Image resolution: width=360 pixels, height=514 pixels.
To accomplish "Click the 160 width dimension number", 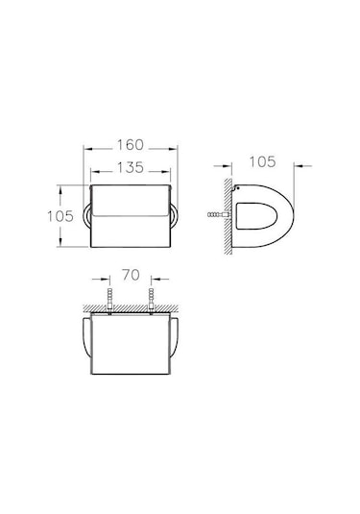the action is tap(131, 145).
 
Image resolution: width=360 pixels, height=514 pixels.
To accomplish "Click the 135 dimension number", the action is tap(131, 167).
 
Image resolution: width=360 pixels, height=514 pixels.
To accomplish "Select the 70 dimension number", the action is tap(131, 275).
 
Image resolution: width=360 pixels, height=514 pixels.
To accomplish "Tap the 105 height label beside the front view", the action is tap(60, 216).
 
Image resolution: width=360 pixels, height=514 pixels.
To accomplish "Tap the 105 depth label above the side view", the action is tap(263, 162).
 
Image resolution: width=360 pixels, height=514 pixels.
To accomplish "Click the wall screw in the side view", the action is tap(219, 215).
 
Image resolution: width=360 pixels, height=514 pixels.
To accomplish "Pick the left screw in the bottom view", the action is tap(109, 299).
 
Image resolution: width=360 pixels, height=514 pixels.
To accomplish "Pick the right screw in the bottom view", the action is tap(151, 299).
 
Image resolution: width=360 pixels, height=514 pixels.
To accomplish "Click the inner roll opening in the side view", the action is tap(256, 216).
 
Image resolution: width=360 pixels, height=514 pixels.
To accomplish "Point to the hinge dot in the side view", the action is tap(237, 188).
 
